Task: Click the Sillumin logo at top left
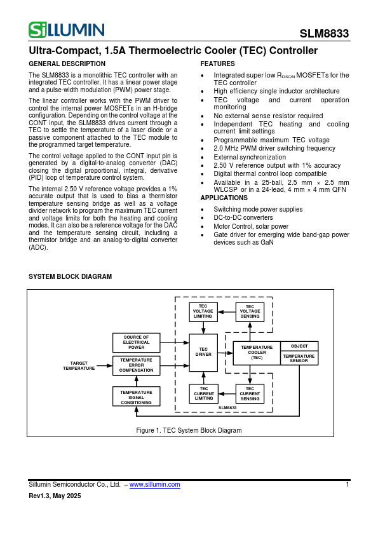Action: point(67,30)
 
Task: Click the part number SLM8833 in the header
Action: point(324,34)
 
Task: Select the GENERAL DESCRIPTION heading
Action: point(67,64)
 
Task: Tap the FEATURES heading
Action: point(217,64)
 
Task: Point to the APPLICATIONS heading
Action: point(224,198)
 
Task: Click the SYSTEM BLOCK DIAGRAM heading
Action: point(71,277)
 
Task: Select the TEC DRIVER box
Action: point(203,352)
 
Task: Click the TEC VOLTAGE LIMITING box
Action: point(203,311)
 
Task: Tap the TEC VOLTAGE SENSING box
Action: point(250,311)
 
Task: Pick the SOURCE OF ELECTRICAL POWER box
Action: point(136,342)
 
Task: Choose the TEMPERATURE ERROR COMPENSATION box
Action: point(136,365)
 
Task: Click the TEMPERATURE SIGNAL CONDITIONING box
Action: point(136,397)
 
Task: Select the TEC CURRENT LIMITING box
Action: point(203,393)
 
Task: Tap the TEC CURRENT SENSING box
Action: point(250,393)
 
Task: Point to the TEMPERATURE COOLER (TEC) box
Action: point(257,353)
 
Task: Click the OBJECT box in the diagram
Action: point(299,346)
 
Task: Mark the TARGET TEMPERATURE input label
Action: point(79,365)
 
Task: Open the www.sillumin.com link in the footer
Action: point(154,485)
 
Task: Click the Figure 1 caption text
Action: point(189,430)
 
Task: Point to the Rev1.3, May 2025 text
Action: point(55,496)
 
